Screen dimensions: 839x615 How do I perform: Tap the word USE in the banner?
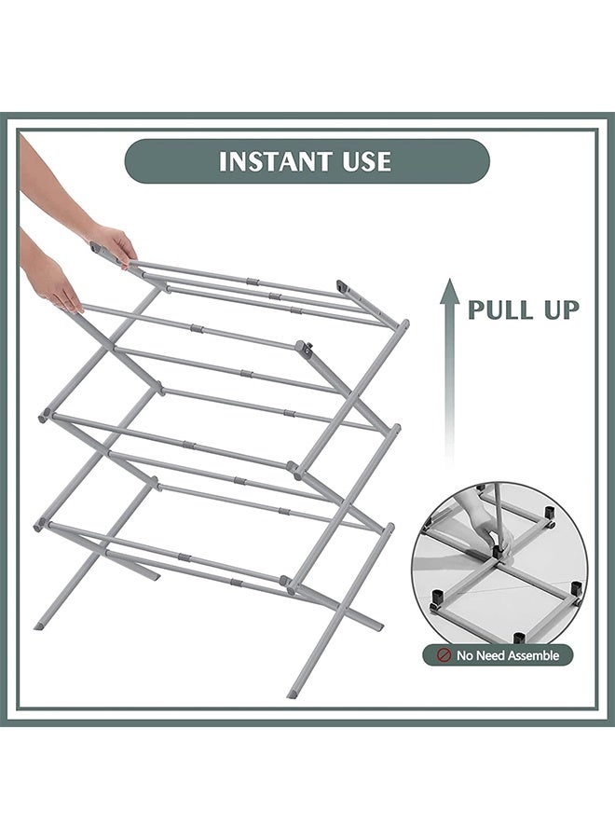(365, 161)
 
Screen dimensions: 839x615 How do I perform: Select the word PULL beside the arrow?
(503, 309)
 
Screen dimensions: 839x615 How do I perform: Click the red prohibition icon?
(444, 656)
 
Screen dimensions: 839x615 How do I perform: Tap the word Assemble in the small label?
(528, 656)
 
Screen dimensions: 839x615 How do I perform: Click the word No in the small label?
(465, 656)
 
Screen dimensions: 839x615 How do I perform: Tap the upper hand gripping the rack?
(113, 244)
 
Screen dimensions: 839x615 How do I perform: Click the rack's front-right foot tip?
(293, 693)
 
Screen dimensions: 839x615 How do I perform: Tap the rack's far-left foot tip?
(38, 625)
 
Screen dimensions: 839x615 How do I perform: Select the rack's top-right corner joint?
(403, 325)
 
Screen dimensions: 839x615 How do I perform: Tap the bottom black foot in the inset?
(518, 639)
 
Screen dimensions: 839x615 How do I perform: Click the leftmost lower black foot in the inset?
(434, 603)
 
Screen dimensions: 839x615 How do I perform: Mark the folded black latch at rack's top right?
(342, 287)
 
